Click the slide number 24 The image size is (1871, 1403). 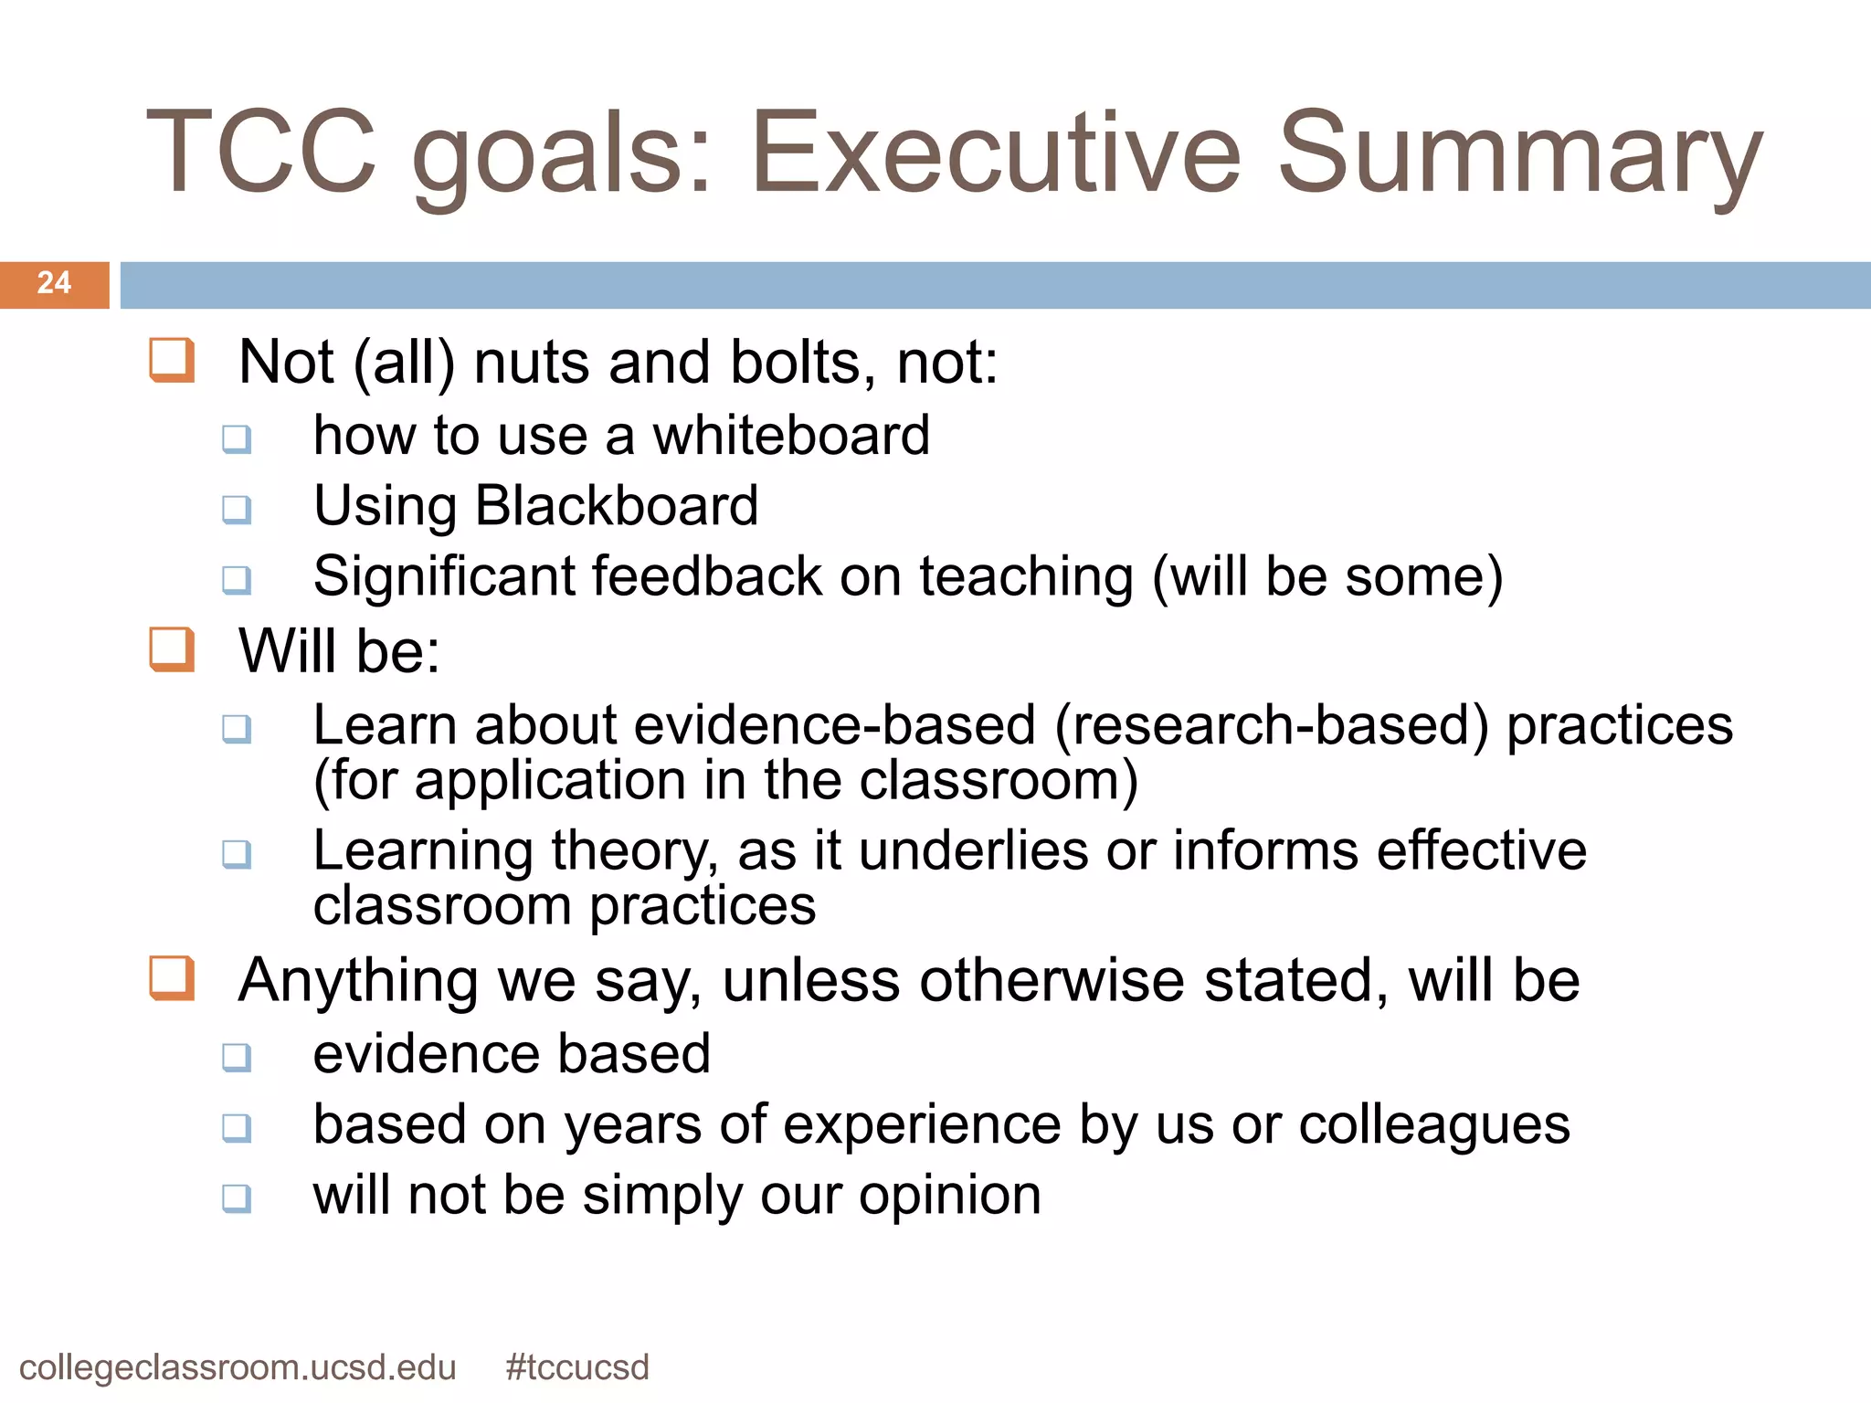(54, 283)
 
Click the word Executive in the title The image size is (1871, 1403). (994, 153)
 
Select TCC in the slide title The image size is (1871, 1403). (261, 153)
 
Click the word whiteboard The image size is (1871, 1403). (791, 436)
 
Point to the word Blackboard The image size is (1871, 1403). (617, 506)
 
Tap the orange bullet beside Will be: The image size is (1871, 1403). (172, 649)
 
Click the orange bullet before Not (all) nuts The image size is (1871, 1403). (172, 360)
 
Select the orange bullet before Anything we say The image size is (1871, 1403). (172, 978)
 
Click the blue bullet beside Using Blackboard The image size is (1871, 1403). (237, 510)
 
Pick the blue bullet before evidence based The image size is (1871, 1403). (237, 1058)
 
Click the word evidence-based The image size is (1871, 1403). (835, 726)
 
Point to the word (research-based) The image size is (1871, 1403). (1272, 726)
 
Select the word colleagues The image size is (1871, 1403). (1434, 1125)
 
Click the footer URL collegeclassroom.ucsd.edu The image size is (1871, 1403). (238, 1367)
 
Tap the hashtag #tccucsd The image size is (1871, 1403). (577, 1367)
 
